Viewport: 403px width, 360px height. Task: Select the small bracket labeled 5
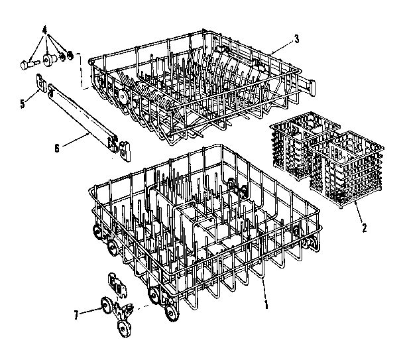click(42, 85)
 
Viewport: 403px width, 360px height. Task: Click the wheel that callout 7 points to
click(104, 306)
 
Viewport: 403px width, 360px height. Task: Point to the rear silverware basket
click(304, 146)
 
